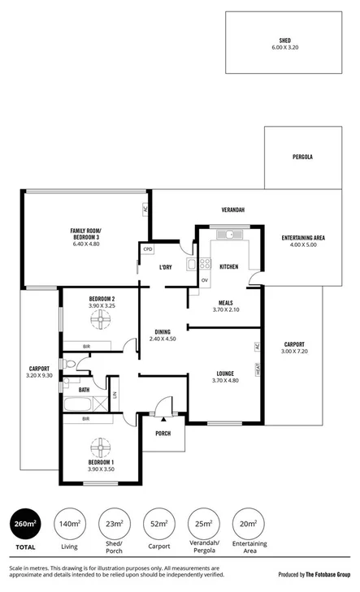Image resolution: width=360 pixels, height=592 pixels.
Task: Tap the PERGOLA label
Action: click(302, 157)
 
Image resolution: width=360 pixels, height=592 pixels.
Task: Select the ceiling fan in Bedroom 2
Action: click(102, 321)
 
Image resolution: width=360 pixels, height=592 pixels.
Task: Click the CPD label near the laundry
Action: click(148, 249)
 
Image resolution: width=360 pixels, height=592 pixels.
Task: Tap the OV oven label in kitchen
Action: click(205, 280)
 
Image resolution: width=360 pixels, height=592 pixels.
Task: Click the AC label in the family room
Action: click(145, 210)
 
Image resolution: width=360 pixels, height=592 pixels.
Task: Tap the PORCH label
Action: click(163, 433)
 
